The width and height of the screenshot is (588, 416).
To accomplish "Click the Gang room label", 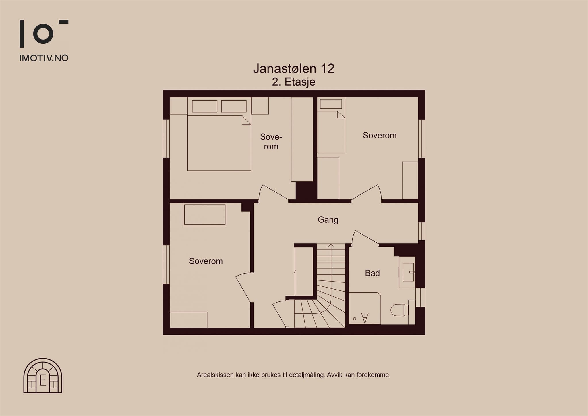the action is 328,220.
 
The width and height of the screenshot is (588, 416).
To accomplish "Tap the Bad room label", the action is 372,273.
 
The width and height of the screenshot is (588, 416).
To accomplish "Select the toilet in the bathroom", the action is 400,310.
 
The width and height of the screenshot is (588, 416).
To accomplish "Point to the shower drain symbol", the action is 355,319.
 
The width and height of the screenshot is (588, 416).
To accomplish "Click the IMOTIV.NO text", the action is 44,58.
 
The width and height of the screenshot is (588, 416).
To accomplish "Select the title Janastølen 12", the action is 294,68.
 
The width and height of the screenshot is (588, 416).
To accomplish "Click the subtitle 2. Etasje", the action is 294,82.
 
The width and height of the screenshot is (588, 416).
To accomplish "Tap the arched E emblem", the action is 43,375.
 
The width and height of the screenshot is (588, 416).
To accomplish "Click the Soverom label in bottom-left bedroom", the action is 206,261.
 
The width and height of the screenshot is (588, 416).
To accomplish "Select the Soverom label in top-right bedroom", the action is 380,135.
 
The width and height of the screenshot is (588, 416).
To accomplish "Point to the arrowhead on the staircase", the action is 331,245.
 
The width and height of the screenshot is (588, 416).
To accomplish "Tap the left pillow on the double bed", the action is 205,106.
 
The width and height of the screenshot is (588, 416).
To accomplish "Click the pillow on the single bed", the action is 331,104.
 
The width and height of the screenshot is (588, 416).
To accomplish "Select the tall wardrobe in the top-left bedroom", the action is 302,139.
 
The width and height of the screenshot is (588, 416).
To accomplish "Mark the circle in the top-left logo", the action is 43,34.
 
